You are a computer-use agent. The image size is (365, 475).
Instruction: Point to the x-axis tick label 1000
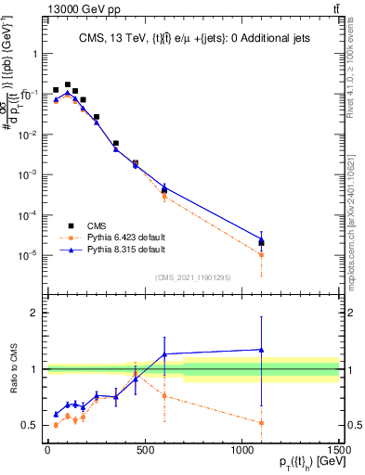coord(242,451)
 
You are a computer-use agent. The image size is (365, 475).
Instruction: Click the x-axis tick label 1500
coord(338,451)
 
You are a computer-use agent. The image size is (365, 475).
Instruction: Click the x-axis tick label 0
coord(47,451)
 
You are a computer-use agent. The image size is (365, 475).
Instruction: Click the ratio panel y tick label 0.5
coord(31,426)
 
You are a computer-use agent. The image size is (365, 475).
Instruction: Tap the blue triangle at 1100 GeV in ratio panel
coord(262,350)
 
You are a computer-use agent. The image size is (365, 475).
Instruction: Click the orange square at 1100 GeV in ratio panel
coord(262,423)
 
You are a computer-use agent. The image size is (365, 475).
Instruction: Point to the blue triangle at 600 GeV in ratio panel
coord(164,354)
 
